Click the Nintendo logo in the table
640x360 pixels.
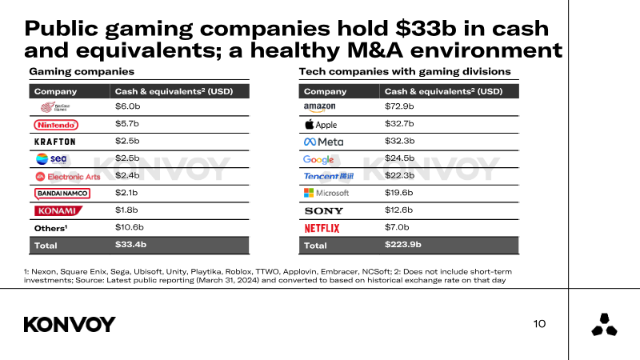[x=56, y=125]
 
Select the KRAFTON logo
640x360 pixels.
[x=55, y=142]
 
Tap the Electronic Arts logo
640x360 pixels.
[x=62, y=176]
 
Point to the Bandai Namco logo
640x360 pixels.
[x=62, y=193]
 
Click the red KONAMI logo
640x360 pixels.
[x=56, y=210]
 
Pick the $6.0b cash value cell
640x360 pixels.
[x=127, y=107]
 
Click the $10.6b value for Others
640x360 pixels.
[x=130, y=227]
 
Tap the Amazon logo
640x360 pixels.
[x=319, y=107]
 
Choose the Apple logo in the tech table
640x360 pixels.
[x=322, y=125]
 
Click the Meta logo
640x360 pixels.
[x=324, y=142]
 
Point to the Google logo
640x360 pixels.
[x=318, y=159]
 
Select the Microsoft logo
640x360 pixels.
[x=326, y=193]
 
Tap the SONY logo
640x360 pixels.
[x=324, y=210]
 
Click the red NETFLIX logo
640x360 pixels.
[x=322, y=228]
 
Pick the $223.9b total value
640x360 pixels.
[x=403, y=245]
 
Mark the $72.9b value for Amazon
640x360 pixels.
[x=399, y=107]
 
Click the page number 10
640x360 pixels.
[x=539, y=324]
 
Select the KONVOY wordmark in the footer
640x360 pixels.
[x=70, y=324]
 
